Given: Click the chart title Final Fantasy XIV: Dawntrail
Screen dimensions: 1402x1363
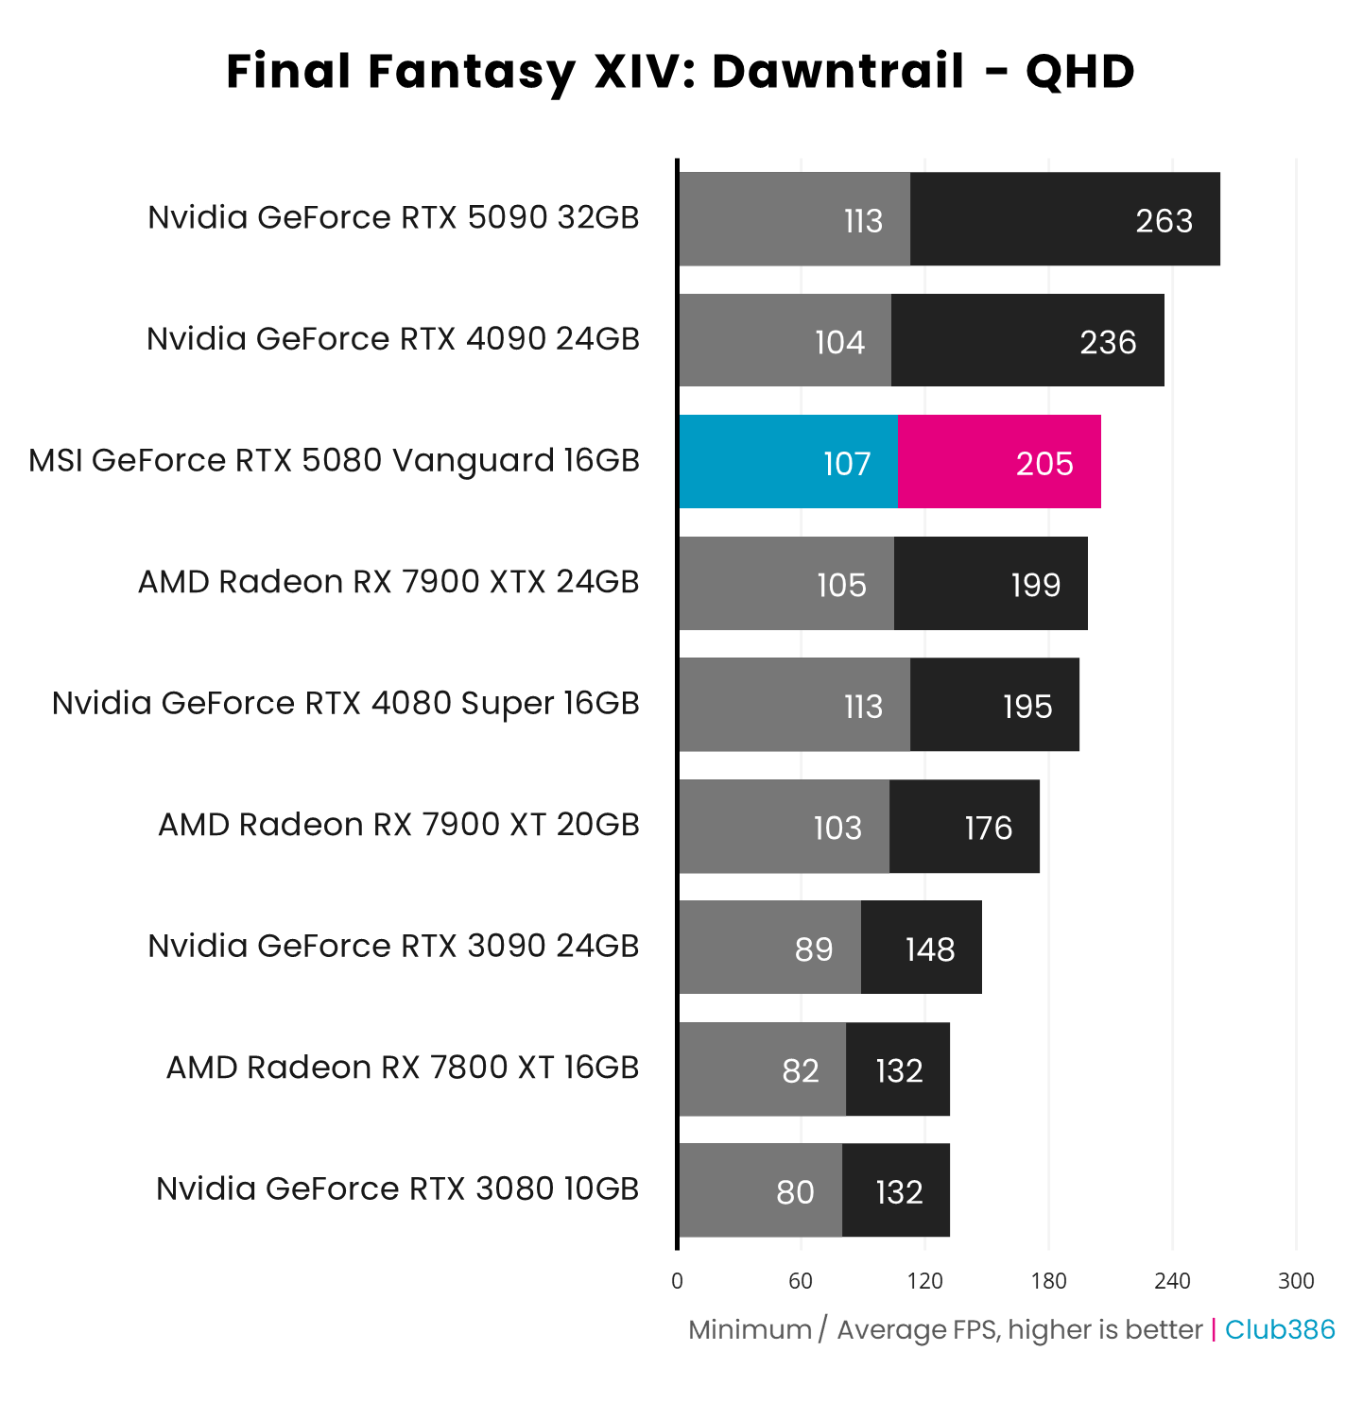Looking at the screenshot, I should pyautogui.click(x=681, y=72).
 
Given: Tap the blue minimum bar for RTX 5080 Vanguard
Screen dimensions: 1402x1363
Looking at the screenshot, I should pyautogui.click(x=787, y=462).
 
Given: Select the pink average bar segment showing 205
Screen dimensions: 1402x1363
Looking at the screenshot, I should pyautogui.click(x=998, y=462).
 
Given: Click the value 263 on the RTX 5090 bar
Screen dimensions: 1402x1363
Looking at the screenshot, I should pyautogui.click(x=1164, y=221).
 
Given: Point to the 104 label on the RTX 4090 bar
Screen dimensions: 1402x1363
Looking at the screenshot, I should pyautogui.click(x=839, y=342).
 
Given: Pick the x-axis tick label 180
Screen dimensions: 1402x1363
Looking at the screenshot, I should pyautogui.click(x=1048, y=1281).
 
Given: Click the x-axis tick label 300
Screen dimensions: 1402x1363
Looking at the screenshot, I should pyautogui.click(x=1296, y=1281).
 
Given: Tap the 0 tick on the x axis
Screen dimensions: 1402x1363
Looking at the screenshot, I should pyautogui.click(x=677, y=1281).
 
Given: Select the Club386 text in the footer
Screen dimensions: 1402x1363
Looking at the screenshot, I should pyautogui.click(x=1280, y=1329).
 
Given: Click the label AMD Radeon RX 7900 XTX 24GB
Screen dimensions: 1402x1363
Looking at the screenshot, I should pyautogui.click(x=388, y=582).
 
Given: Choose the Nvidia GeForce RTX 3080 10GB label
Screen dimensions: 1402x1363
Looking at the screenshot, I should pyautogui.click(x=397, y=1188).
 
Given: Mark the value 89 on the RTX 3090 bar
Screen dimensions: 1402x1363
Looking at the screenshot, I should pyautogui.click(x=814, y=949).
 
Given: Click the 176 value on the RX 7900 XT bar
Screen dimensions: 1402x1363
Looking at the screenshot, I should pyautogui.click(x=988, y=829).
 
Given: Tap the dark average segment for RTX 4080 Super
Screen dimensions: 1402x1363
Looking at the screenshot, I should pyautogui.click(x=994, y=705).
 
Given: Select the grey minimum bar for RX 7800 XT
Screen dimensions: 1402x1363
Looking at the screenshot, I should pyautogui.click(x=762, y=1069).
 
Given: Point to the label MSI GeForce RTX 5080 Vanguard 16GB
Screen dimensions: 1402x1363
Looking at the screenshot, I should pyautogui.click(x=334, y=461).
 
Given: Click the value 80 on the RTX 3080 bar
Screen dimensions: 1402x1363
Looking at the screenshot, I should pyautogui.click(x=795, y=1192).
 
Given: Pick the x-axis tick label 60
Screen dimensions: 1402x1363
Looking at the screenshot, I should pyautogui.click(x=801, y=1281).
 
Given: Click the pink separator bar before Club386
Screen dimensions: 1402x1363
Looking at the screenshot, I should pyautogui.click(x=1214, y=1329).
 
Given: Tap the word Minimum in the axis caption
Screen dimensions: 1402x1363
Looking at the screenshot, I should pyautogui.click(x=750, y=1329).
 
